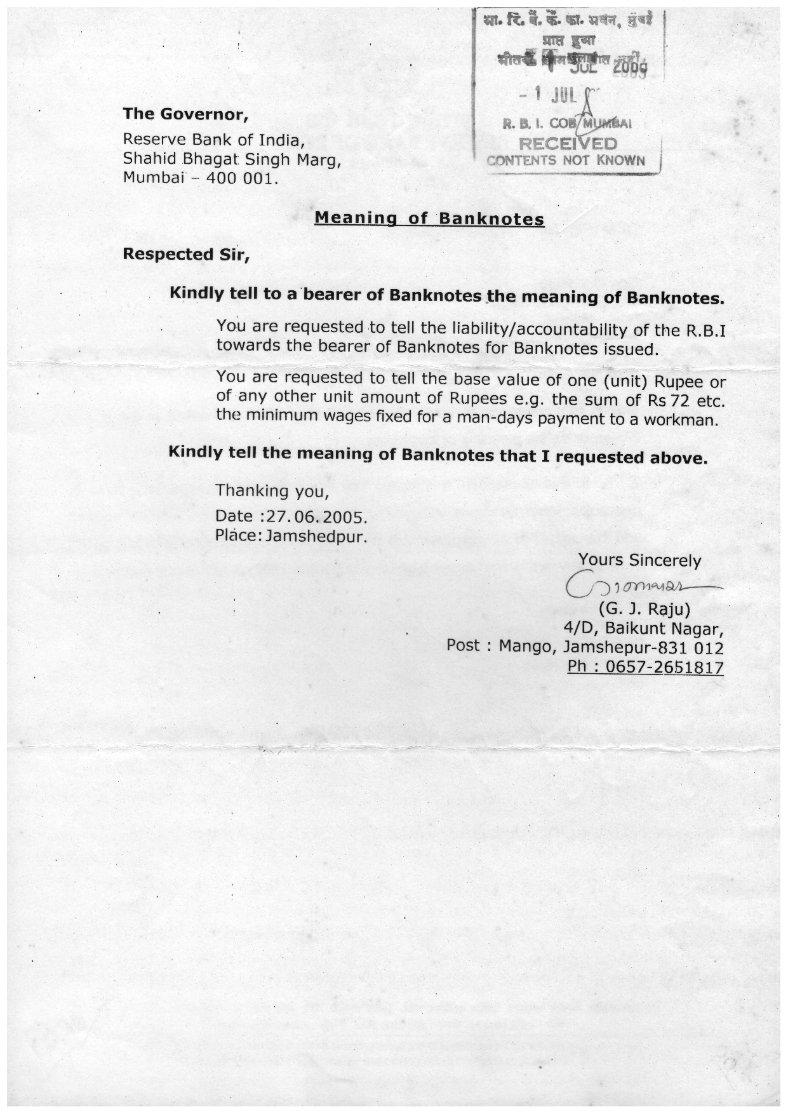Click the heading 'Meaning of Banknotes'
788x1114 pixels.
coord(429,219)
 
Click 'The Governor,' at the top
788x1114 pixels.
coord(185,114)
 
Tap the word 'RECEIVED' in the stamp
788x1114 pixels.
coord(568,144)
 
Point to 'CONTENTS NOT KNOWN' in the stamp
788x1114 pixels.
coord(566,161)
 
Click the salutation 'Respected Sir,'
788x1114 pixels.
coord(186,255)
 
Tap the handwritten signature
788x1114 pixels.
coord(635,585)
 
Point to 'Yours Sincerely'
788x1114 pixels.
coord(639,561)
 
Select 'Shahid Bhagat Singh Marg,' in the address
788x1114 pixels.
coord(232,158)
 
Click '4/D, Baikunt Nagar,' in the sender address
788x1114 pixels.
coord(643,629)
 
